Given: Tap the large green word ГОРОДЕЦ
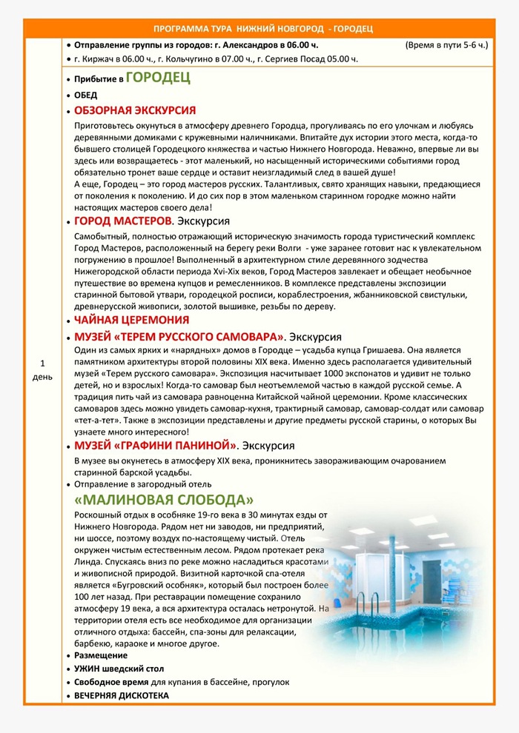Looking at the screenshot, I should click(158, 78).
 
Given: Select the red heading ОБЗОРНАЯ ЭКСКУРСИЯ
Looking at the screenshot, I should click(135, 110).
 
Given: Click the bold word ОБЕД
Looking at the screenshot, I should click(86, 95).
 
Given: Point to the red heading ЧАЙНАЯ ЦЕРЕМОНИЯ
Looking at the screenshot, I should click(131, 320).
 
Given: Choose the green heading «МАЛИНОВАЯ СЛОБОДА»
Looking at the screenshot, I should click(163, 498).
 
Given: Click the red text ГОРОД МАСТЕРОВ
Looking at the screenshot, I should click(123, 221).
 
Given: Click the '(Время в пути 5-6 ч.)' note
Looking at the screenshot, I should click(446, 45).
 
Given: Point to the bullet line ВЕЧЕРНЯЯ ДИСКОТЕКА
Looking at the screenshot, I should click(122, 695).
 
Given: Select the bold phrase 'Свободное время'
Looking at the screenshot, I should click(111, 682).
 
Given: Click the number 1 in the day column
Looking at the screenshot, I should click(42, 363).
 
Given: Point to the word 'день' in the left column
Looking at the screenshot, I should click(42, 377).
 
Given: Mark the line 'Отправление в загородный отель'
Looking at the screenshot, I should click(141, 483).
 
